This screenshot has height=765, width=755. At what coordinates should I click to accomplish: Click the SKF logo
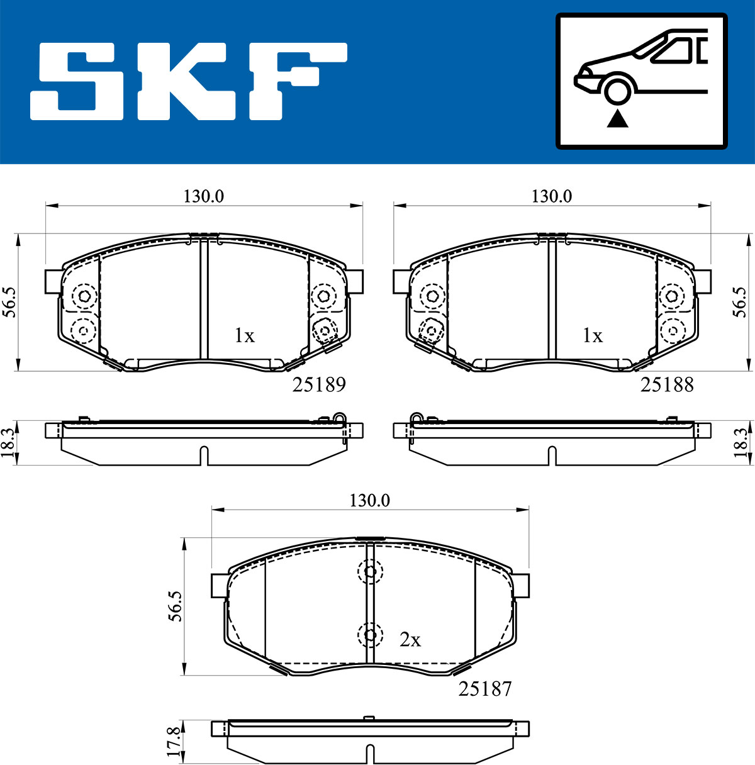(x=188, y=81)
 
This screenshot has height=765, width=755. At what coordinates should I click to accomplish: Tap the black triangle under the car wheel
(x=618, y=120)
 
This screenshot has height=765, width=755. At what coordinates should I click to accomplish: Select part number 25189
(x=319, y=384)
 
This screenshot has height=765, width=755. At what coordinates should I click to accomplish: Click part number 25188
(x=667, y=384)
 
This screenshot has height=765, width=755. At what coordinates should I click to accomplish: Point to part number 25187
(x=485, y=689)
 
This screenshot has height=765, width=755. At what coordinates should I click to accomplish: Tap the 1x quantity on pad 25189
(x=245, y=335)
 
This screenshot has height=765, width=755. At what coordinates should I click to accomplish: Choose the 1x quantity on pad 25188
(x=593, y=335)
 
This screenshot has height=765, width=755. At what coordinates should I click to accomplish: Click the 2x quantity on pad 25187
(x=410, y=639)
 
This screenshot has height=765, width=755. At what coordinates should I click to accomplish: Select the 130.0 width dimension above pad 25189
(x=204, y=196)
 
